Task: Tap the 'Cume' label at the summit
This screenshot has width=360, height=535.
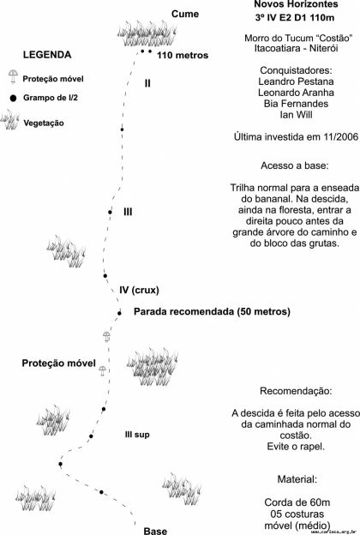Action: pyautogui.click(x=185, y=14)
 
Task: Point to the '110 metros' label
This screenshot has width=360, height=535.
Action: pyautogui.click(x=183, y=55)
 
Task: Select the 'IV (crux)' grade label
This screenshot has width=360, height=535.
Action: pyautogui.click(x=139, y=291)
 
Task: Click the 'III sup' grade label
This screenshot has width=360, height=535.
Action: pyautogui.click(x=137, y=435)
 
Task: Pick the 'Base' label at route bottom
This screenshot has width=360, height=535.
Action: pyautogui.click(x=155, y=531)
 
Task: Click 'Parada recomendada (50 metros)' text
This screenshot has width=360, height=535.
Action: pyautogui.click(x=212, y=311)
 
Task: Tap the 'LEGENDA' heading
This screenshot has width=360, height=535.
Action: pyautogui.click(x=47, y=55)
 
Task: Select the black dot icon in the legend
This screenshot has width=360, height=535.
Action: pyautogui.click(x=13, y=99)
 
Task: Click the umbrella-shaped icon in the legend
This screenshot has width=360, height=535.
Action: pyautogui.click(x=14, y=77)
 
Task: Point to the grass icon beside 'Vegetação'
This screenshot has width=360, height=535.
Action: pyautogui.click(x=10, y=120)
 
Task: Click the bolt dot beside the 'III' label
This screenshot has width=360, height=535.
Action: pyautogui.click(x=110, y=213)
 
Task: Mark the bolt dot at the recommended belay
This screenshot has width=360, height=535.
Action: pyautogui.click(x=119, y=313)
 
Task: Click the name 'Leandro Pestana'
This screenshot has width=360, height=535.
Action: pyautogui.click(x=296, y=81)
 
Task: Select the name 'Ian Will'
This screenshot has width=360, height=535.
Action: pyautogui.click(x=296, y=115)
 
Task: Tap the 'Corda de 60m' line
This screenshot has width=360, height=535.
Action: pyautogui.click(x=297, y=502)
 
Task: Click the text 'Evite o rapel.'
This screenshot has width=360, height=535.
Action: pyautogui.click(x=296, y=447)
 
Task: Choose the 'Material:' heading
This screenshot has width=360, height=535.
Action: pyautogui.click(x=297, y=479)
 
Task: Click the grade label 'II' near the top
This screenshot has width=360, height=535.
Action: pyautogui.click(x=147, y=83)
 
